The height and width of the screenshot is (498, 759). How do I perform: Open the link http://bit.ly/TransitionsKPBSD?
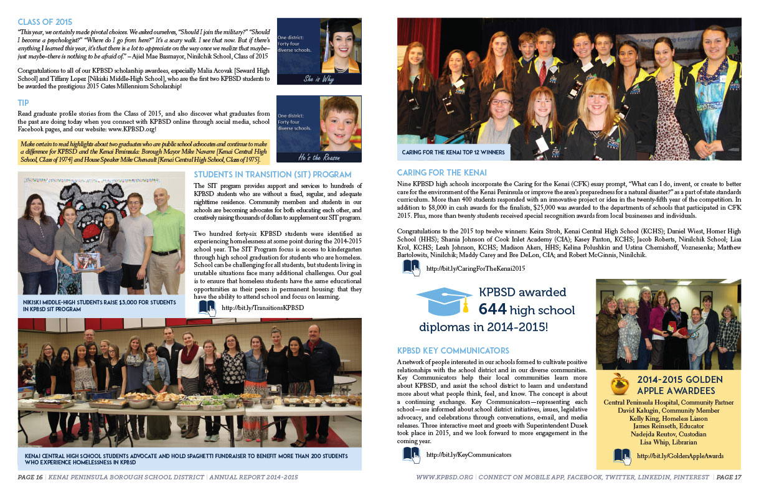[262, 308]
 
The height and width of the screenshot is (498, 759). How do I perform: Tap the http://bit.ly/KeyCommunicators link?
[464, 455]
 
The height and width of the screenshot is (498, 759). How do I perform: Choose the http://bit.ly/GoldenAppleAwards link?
[679, 456]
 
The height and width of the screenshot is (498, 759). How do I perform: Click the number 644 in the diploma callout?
[493, 309]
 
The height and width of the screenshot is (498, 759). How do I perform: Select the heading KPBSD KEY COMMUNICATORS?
[453, 350]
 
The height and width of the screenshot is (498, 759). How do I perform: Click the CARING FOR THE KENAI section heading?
[441, 172]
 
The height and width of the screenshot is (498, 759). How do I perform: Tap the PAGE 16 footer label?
[31, 477]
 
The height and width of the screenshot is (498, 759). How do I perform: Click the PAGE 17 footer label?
[728, 477]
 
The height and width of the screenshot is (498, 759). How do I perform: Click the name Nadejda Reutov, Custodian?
[668, 433]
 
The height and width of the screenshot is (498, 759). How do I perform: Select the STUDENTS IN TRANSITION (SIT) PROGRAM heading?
[272, 174]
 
